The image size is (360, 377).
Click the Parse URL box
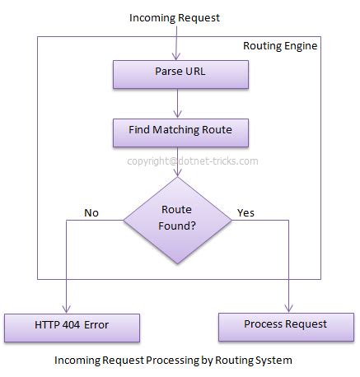pyautogui.click(x=180, y=75)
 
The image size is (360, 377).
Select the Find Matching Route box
pyautogui.click(x=180, y=133)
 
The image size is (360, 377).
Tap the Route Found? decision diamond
pyautogui.click(x=177, y=220)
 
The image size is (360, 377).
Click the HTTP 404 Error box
pyautogui.click(x=72, y=328)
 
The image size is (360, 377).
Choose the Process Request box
pyautogui.click(x=286, y=327)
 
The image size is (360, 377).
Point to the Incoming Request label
pyautogui.click(x=175, y=18)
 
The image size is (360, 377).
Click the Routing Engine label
pyautogui.click(x=280, y=46)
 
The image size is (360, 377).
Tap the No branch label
pyautogui.click(x=91, y=212)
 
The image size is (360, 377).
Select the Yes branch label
pyautogui.click(x=245, y=212)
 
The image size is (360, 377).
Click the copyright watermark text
pyautogui.click(x=193, y=161)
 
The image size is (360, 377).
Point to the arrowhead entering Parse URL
pyautogui.click(x=176, y=57)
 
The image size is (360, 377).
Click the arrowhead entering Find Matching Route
pyautogui.click(x=178, y=114)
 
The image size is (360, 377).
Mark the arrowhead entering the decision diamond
pyautogui.click(x=178, y=173)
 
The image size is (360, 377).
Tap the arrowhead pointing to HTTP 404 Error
pyautogui.click(x=66, y=309)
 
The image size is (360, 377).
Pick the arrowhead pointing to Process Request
pyautogui.click(x=288, y=308)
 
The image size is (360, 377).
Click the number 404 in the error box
pyautogui.click(x=72, y=325)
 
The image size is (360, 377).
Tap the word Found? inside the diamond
pyautogui.click(x=177, y=226)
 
